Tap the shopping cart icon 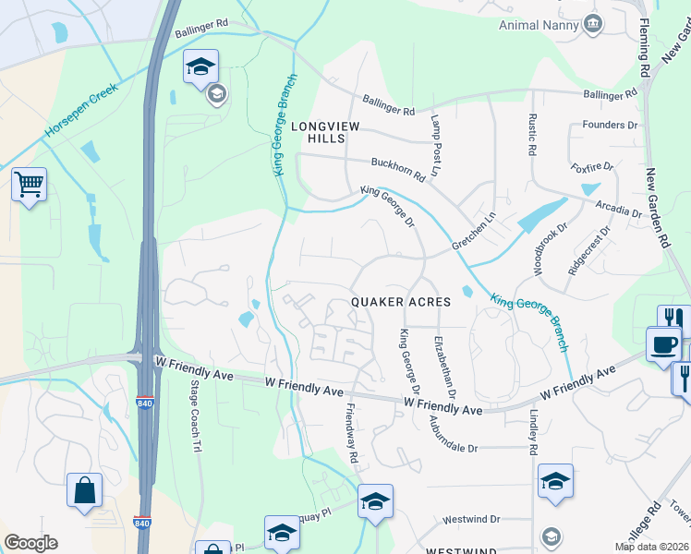coord(29,185)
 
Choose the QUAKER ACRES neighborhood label coord(401,302)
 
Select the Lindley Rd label coord(533,432)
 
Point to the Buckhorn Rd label coord(398,168)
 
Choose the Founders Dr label coord(610,125)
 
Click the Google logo coord(30,543)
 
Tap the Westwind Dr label coord(470,520)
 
